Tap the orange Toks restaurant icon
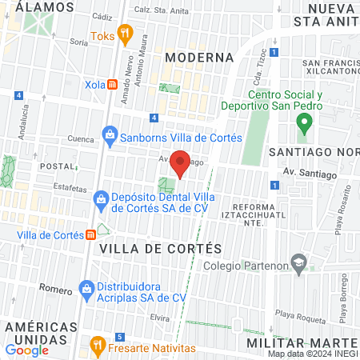pyautogui.click(x=124, y=34)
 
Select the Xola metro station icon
pyautogui.click(x=113, y=84)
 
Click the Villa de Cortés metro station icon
pyautogui.click(x=92, y=234)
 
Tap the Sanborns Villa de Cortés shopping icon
pyautogui.click(x=110, y=136)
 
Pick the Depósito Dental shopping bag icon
pyautogui.click(x=101, y=198)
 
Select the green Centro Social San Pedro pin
pyautogui.click(x=303, y=124)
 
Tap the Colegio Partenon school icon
pyautogui.click(x=298, y=262)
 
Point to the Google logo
pyautogui.click(x=27, y=350)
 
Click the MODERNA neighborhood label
pyautogui.click(x=199, y=58)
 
